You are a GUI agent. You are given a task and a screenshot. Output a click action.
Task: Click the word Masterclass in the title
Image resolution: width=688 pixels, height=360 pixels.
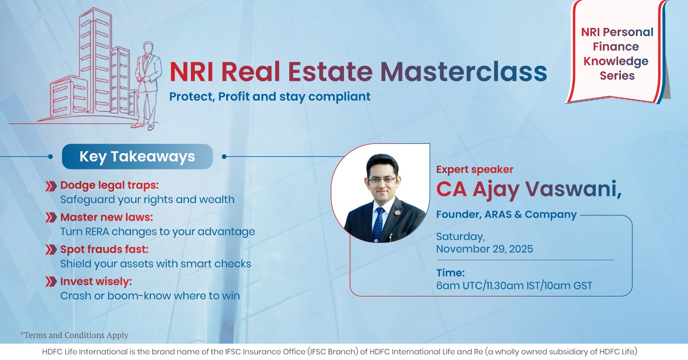(x=464, y=71)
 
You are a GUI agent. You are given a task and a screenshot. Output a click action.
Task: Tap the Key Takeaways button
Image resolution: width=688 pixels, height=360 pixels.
(x=137, y=157)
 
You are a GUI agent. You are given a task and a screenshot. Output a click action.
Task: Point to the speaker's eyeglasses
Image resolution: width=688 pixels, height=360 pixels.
(x=382, y=180)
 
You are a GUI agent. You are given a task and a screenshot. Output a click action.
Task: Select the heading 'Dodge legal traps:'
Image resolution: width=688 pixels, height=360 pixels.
(x=109, y=185)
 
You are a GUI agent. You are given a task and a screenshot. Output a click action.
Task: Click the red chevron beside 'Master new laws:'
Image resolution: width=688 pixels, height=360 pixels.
(x=51, y=217)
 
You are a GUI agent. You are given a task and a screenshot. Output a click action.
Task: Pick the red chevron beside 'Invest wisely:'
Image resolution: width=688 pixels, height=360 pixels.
(x=51, y=281)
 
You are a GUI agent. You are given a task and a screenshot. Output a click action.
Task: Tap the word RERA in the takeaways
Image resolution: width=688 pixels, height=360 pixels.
(x=97, y=231)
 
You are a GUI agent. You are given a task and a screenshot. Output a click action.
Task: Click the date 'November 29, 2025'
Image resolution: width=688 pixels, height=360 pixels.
(x=485, y=249)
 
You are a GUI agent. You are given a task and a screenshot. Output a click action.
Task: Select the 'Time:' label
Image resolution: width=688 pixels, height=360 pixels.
(x=451, y=273)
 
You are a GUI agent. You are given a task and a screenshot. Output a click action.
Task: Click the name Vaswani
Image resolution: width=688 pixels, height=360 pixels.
(x=573, y=188)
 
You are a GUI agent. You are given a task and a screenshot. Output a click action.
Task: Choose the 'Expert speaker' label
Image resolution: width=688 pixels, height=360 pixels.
(x=475, y=169)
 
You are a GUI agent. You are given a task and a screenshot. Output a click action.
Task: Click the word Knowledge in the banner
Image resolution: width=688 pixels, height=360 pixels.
(x=616, y=61)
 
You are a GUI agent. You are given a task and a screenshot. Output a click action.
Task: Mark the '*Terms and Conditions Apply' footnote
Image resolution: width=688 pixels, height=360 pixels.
(x=74, y=335)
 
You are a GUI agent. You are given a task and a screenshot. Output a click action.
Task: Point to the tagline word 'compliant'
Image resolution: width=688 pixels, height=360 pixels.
(x=339, y=97)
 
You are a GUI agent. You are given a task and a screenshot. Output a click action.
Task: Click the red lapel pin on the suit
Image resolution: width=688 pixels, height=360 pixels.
(x=397, y=212)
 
